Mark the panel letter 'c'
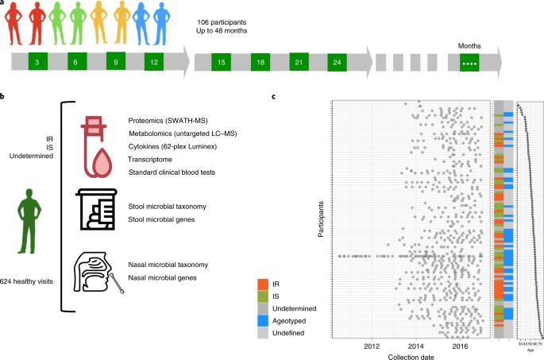coord(273,96)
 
